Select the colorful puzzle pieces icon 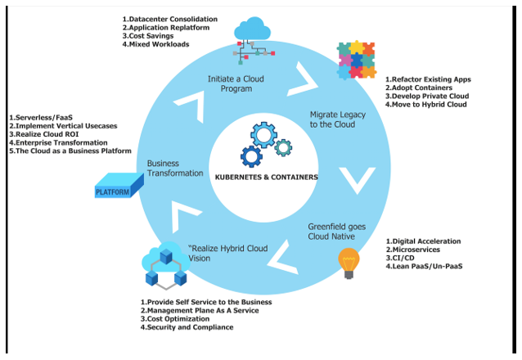[x=358, y=60]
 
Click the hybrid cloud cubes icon [x=165, y=266]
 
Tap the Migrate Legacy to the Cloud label [x=337, y=119]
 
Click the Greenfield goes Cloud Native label [x=331, y=231]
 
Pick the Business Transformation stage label [x=175, y=168]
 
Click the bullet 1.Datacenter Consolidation [x=170, y=19]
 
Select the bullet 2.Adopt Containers [x=421, y=88]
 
